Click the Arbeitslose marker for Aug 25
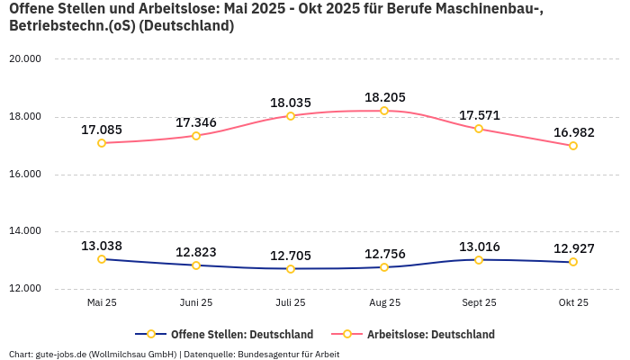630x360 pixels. click(x=384, y=111)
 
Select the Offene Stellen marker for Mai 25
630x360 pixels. click(x=102, y=259)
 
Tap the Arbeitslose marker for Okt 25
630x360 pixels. click(x=573, y=146)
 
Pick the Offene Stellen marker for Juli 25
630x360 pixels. click(x=291, y=269)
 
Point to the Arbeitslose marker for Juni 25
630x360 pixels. click(x=196, y=136)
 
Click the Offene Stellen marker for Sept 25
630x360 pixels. click(x=479, y=260)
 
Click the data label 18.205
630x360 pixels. click(x=384, y=97)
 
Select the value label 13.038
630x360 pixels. click(x=102, y=246)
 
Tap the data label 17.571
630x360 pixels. click(x=479, y=115)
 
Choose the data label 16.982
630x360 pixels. click(x=573, y=132)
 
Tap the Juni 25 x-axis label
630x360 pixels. click(x=196, y=303)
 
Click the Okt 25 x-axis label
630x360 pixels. click(x=573, y=303)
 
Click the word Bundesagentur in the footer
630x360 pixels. click(x=265, y=355)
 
